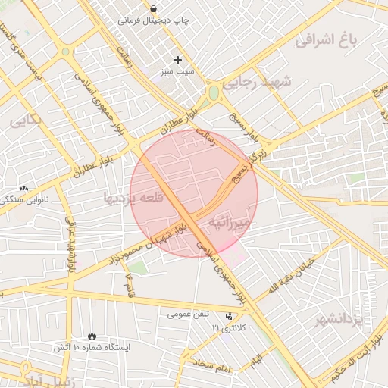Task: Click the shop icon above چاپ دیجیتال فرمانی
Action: [x=154, y=9]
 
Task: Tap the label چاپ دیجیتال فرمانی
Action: [x=154, y=22]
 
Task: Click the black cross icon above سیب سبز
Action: [x=178, y=60]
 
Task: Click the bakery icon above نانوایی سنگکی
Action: [x=23, y=188]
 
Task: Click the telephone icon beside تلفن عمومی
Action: [x=230, y=314]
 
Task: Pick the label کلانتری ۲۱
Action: [x=228, y=327]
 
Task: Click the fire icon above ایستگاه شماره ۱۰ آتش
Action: [x=92, y=334]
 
